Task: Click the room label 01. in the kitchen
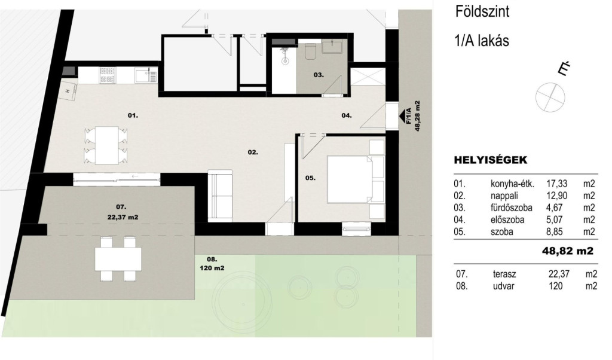pyautogui.click(x=133, y=115)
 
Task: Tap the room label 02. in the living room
pyautogui.click(x=253, y=152)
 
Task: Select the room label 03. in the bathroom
pyautogui.click(x=319, y=75)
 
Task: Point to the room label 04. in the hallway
pyautogui.click(x=347, y=115)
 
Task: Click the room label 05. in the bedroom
pyautogui.click(x=310, y=178)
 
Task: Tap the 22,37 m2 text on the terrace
pyautogui.click(x=123, y=218)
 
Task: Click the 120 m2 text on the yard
pyautogui.click(x=212, y=268)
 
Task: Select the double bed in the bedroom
pyautogui.click(x=350, y=179)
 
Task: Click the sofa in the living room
pyautogui.click(x=220, y=196)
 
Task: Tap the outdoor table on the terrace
pyautogui.click(x=118, y=260)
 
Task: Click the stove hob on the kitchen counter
pyautogui.click(x=108, y=75)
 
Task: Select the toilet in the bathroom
pyautogui.click(x=311, y=51)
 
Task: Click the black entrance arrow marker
pyautogui.click(x=401, y=116)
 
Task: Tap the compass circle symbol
pyautogui.click(x=550, y=97)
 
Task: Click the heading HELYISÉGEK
pyautogui.click(x=490, y=160)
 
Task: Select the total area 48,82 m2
pyautogui.click(x=568, y=251)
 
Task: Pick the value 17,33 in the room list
pyautogui.click(x=556, y=184)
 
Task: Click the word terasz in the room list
pyautogui.click(x=503, y=274)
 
